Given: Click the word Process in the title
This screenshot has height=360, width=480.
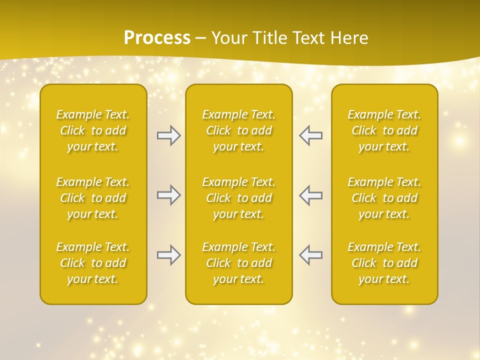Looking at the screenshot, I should click(x=157, y=38).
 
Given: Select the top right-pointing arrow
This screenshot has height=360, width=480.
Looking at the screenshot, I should click(x=168, y=135).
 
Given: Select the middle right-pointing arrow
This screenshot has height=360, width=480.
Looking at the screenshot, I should click(x=168, y=195).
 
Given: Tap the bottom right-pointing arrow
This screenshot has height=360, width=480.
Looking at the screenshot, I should click(x=168, y=255).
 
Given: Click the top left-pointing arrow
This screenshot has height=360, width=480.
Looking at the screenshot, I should click(x=311, y=135).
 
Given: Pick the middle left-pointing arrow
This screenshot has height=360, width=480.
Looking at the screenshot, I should click(x=311, y=195).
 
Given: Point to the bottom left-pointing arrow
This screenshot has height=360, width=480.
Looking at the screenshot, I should click(x=311, y=255).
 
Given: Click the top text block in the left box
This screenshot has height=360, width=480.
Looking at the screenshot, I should click(x=93, y=130).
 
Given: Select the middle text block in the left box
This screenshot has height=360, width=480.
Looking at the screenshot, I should click(x=93, y=198).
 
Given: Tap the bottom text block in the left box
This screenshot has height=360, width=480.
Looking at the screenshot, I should click(x=93, y=263).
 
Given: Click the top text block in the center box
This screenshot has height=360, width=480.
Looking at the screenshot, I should click(x=239, y=130).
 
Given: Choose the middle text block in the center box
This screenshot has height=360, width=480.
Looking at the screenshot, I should click(x=239, y=198).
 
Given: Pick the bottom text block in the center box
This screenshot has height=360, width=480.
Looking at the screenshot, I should click(x=239, y=263).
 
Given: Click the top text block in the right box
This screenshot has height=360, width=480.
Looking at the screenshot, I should click(x=384, y=130).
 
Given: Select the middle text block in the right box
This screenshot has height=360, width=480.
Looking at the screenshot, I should click(x=384, y=198).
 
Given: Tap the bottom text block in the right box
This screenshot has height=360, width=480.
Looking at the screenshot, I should click(x=384, y=263).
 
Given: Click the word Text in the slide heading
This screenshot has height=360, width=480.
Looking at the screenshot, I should click(x=307, y=38).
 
